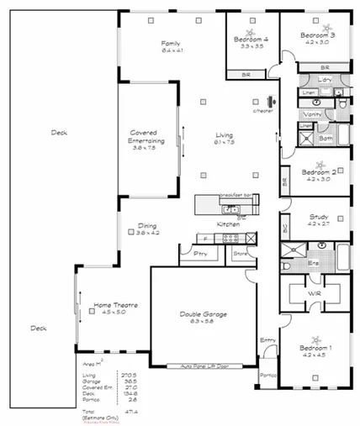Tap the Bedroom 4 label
(251, 39)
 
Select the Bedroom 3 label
(320, 35)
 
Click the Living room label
(223, 134)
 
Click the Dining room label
(147, 227)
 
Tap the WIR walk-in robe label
(315, 293)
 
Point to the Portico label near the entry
(267, 375)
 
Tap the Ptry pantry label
(200, 253)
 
